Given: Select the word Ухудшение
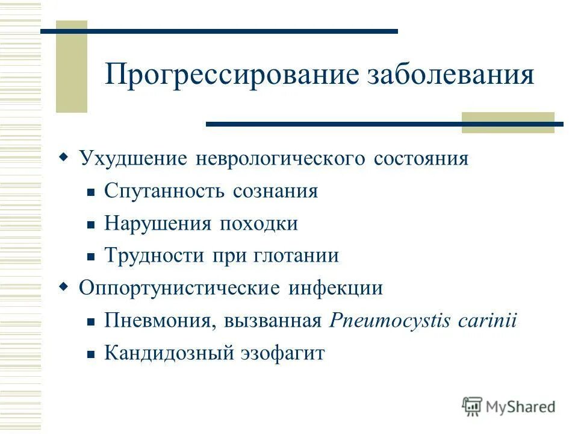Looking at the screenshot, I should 133,159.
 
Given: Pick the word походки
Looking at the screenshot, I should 258,224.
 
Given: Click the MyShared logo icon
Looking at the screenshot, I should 473,406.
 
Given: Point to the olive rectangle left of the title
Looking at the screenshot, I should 71,66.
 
